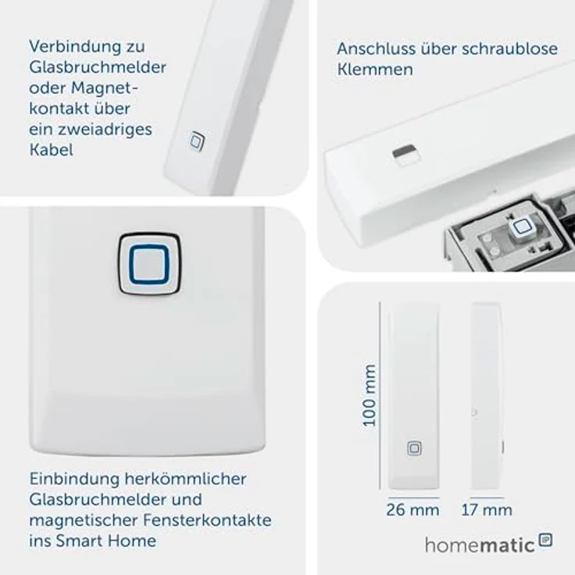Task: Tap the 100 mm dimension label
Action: point(370,395)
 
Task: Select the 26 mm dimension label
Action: point(412,510)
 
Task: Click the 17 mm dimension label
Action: point(486,510)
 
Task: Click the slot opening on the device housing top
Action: point(405,153)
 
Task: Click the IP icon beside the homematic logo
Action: point(545,540)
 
